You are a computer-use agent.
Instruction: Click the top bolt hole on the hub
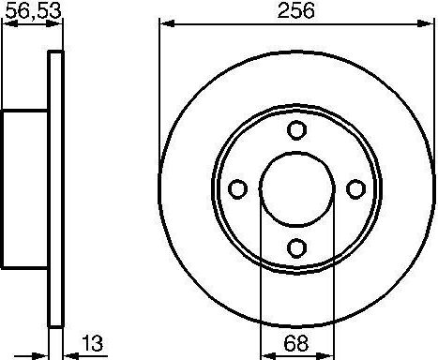(x=297, y=130)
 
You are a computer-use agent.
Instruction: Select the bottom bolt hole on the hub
(x=297, y=247)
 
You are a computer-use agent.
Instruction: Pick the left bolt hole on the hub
(x=238, y=189)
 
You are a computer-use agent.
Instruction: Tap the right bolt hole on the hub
(x=355, y=189)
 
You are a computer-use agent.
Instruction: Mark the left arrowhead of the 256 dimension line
(x=165, y=23)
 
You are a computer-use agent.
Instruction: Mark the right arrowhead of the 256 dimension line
(x=430, y=23)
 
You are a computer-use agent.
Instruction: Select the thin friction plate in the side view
(x=55, y=188)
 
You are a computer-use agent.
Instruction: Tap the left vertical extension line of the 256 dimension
(x=159, y=94)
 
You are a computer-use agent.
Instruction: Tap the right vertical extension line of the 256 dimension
(x=435, y=94)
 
